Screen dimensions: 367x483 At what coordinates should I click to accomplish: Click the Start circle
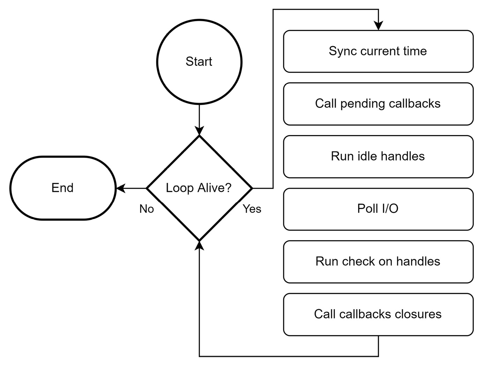[199, 62]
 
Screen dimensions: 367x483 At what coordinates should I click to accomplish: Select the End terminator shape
[63, 188]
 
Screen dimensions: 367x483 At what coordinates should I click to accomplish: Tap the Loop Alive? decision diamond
[199, 188]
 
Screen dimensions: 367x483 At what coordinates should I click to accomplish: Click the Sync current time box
[378, 51]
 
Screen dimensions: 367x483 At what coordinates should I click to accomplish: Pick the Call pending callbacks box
[378, 104]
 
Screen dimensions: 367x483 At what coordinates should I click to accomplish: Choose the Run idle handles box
[378, 156]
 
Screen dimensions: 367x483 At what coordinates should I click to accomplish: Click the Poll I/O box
[378, 209]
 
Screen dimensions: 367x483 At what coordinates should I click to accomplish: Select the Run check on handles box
[378, 261]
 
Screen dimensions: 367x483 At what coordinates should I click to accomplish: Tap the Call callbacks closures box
[378, 314]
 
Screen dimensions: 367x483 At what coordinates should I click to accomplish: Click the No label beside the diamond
[147, 209]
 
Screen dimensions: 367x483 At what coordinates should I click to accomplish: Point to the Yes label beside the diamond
[252, 209]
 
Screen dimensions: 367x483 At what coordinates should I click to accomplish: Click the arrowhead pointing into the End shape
[121, 188]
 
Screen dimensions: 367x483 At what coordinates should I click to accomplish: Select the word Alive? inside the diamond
[214, 188]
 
